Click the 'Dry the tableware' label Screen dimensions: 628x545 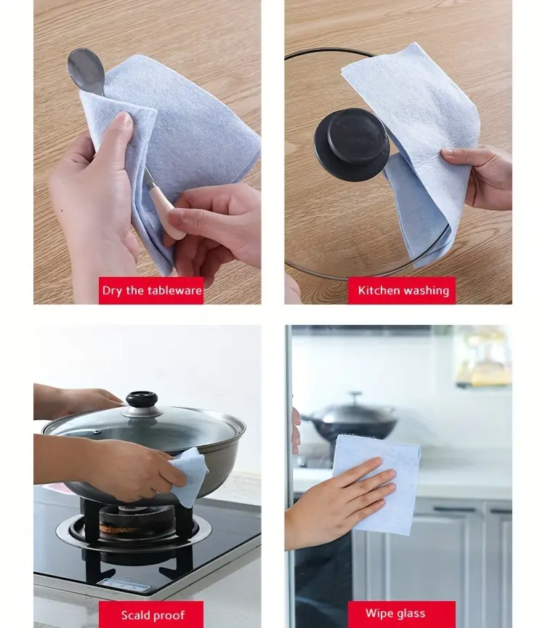tap(152, 291)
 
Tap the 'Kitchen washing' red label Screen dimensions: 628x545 tap(403, 291)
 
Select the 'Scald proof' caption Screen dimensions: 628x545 tap(152, 615)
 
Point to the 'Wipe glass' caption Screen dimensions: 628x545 tap(396, 614)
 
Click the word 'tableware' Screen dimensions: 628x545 tap(174, 291)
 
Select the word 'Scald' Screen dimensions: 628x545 tap(135, 615)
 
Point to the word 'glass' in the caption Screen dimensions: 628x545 tap(411, 614)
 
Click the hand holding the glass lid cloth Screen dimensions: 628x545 tap(483, 174)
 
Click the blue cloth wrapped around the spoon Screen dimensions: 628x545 tap(174, 131)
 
